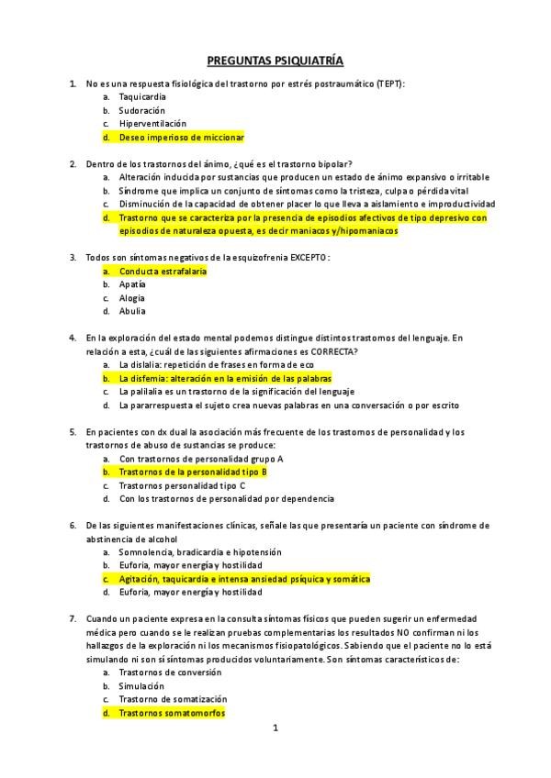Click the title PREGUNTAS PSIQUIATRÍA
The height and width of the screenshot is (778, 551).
click(x=275, y=61)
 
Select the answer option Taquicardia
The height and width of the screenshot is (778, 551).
click(x=142, y=96)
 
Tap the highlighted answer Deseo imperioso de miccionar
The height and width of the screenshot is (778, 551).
click(x=181, y=137)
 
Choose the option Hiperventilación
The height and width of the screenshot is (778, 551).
click(x=152, y=123)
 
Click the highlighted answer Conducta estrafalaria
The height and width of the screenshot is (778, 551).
click(x=163, y=271)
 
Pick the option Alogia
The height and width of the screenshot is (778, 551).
click(x=132, y=297)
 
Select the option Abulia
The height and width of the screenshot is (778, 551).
click(x=132, y=311)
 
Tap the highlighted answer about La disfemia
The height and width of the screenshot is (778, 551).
click(x=225, y=378)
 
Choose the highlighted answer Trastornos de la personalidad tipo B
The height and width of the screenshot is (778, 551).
click(x=193, y=472)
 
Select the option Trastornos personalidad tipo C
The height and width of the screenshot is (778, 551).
click(x=182, y=485)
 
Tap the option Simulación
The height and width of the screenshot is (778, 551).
click(x=141, y=685)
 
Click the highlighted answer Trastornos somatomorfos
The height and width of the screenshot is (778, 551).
click(x=172, y=712)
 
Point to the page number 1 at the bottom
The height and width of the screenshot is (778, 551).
click(x=275, y=728)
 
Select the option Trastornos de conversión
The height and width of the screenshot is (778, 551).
click(x=170, y=672)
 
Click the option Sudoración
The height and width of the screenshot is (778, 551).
click(x=141, y=110)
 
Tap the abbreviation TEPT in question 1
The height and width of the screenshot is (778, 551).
click(x=388, y=83)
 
